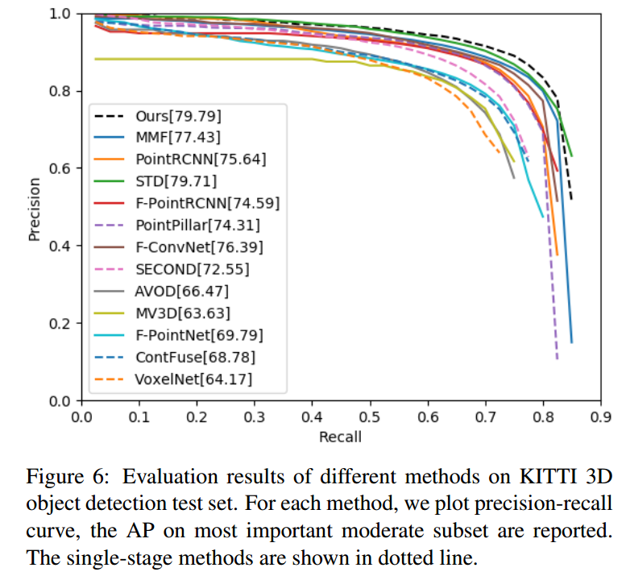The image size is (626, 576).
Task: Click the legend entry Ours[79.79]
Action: (x=178, y=115)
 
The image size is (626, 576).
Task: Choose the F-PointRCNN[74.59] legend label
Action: (x=206, y=202)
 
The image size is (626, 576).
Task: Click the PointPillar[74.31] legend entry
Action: (x=197, y=224)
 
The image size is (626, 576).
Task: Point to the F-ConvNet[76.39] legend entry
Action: (x=198, y=247)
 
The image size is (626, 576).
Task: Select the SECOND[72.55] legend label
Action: (x=192, y=268)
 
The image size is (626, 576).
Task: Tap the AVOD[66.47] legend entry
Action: (x=181, y=290)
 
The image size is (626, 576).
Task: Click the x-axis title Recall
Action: (x=341, y=437)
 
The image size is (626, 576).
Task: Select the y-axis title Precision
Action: (x=34, y=207)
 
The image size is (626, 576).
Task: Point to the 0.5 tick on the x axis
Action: (x=370, y=417)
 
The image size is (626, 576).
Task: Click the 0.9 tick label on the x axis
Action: (x=600, y=417)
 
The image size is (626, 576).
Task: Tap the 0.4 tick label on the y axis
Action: (x=61, y=246)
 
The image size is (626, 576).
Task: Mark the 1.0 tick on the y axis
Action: (x=61, y=15)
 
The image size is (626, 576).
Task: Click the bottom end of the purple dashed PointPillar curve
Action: (x=557, y=358)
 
